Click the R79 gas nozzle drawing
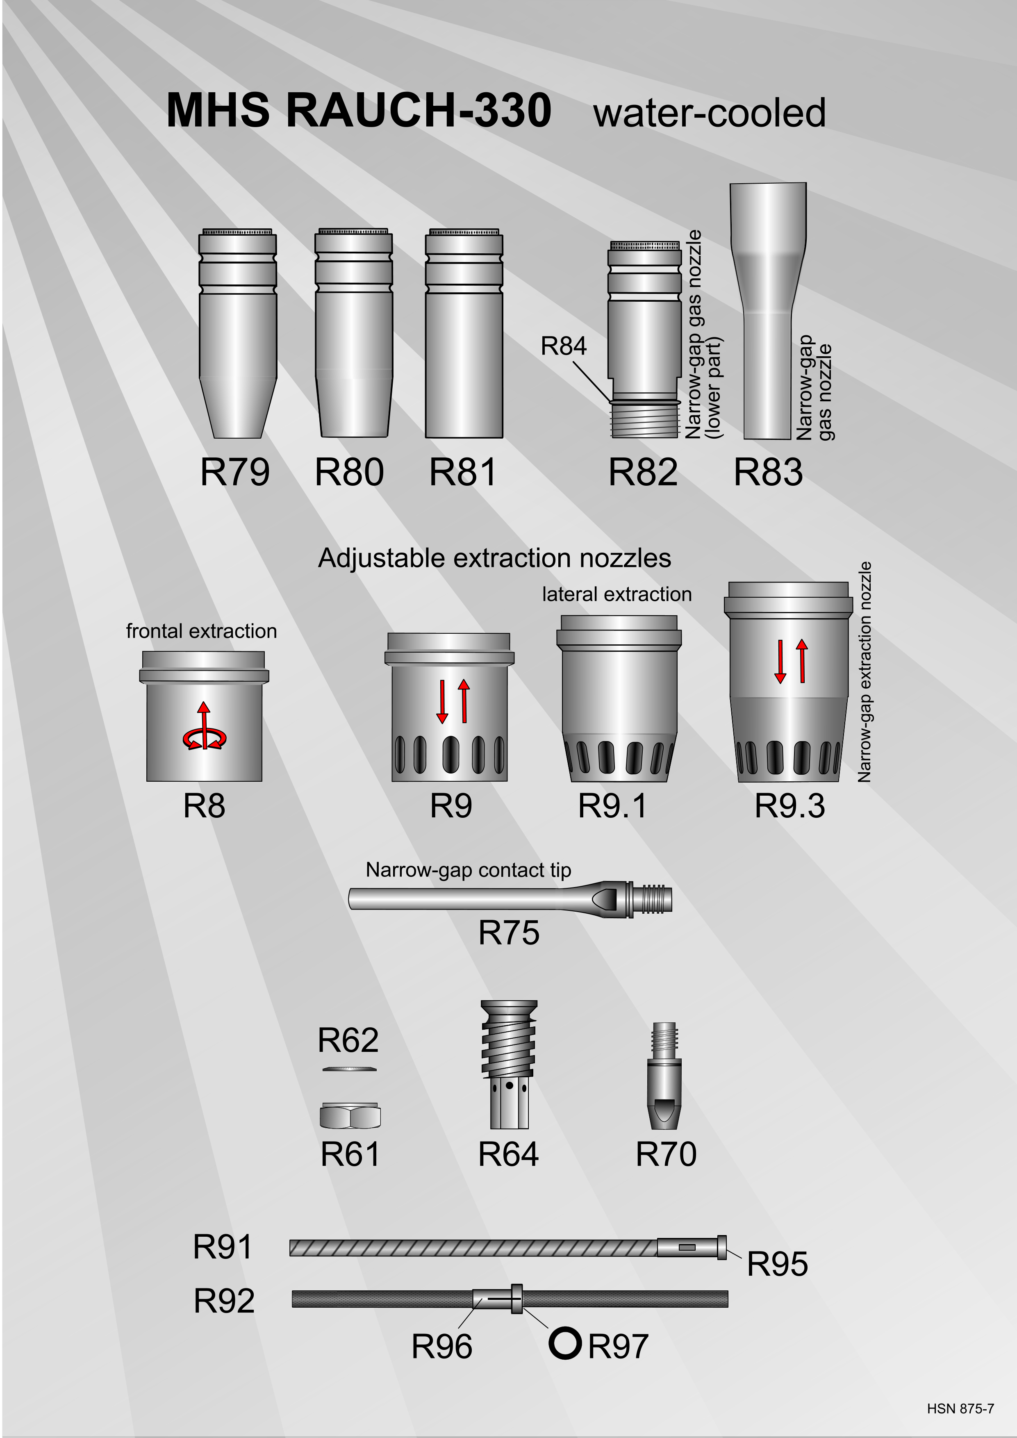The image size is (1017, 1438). pyautogui.click(x=238, y=333)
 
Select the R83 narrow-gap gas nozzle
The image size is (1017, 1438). pyautogui.click(x=768, y=311)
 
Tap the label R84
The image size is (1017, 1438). pyautogui.click(x=564, y=346)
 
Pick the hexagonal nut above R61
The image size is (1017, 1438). pyautogui.click(x=350, y=1115)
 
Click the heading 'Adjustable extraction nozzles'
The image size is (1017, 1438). pyautogui.click(x=495, y=557)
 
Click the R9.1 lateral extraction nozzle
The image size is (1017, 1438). pyautogui.click(x=619, y=699)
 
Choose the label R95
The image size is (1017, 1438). pyautogui.click(x=778, y=1264)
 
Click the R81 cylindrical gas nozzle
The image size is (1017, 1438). pyautogui.click(x=464, y=333)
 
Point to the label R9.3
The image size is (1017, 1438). pyautogui.click(x=789, y=805)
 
